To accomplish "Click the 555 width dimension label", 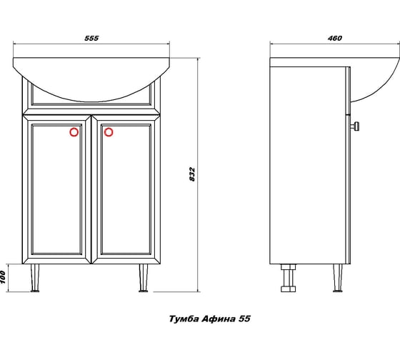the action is click(91, 38).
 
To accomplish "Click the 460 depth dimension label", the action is click(335, 38).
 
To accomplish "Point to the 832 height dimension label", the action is click(192, 174).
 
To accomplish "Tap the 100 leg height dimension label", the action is click(3, 277).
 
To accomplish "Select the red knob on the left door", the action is click(74, 132).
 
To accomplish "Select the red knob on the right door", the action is click(109, 132).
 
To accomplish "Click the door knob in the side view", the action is click(355, 126).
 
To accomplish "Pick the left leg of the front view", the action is click(35, 278).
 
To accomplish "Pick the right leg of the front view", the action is click(144, 278).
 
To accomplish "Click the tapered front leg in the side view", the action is click(338, 278).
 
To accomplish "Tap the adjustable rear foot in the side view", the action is click(289, 278).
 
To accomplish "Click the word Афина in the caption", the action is click(219, 319).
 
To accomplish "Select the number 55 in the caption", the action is click(244, 319).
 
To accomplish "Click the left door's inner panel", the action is click(56, 189).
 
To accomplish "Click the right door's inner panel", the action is click(126, 189).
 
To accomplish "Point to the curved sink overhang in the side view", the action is click(375, 84).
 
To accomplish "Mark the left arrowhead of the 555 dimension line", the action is click(15, 44).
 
